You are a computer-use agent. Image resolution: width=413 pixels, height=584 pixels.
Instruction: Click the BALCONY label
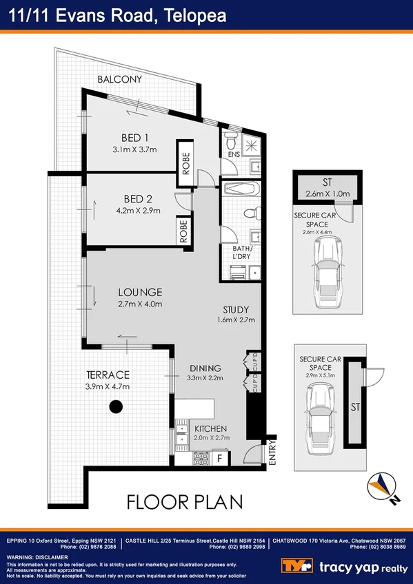pyautogui.click(x=119, y=79)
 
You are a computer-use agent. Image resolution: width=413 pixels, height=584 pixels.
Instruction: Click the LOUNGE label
pyautogui.click(x=139, y=292)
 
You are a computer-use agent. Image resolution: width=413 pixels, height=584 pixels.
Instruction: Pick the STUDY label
pyautogui.click(x=236, y=309)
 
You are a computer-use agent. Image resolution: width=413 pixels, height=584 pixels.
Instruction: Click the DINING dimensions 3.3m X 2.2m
pyautogui.click(x=206, y=378)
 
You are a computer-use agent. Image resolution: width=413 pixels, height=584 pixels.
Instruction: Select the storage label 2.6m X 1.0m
pyautogui.click(x=328, y=194)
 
